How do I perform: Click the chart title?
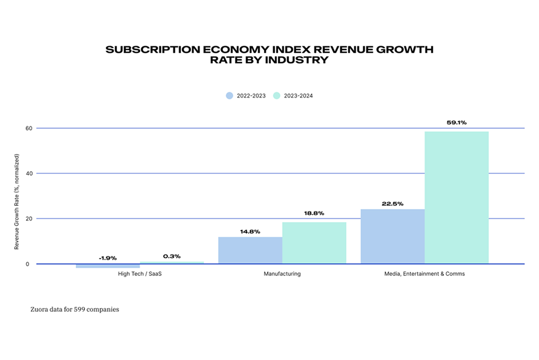pyautogui.click(x=269, y=55)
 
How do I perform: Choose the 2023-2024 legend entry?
pyautogui.click(x=293, y=96)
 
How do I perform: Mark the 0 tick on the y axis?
pyautogui.click(x=28, y=264)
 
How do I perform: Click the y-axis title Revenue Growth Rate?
pyautogui.click(x=17, y=202)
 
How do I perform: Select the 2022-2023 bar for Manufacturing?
pyautogui.click(x=250, y=251)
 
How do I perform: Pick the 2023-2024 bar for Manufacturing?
pyautogui.click(x=314, y=243)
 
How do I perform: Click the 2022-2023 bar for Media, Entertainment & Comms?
pyautogui.click(x=393, y=237)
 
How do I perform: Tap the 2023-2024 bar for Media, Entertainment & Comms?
pyautogui.click(x=457, y=198)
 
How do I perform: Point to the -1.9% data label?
pyautogui.click(x=108, y=258)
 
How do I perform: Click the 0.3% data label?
pyautogui.click(x=172, y=256)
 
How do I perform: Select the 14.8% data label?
pyautogui.click(x=250, y=231)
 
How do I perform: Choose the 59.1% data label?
pyautogui.click(x=457, y=123)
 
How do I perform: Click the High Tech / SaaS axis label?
pyautogui.click(x=139, y=274)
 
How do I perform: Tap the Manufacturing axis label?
pyautogui.click(x=282, y=274)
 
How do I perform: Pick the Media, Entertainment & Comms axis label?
pyautogui.click(x=424, y=274)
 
